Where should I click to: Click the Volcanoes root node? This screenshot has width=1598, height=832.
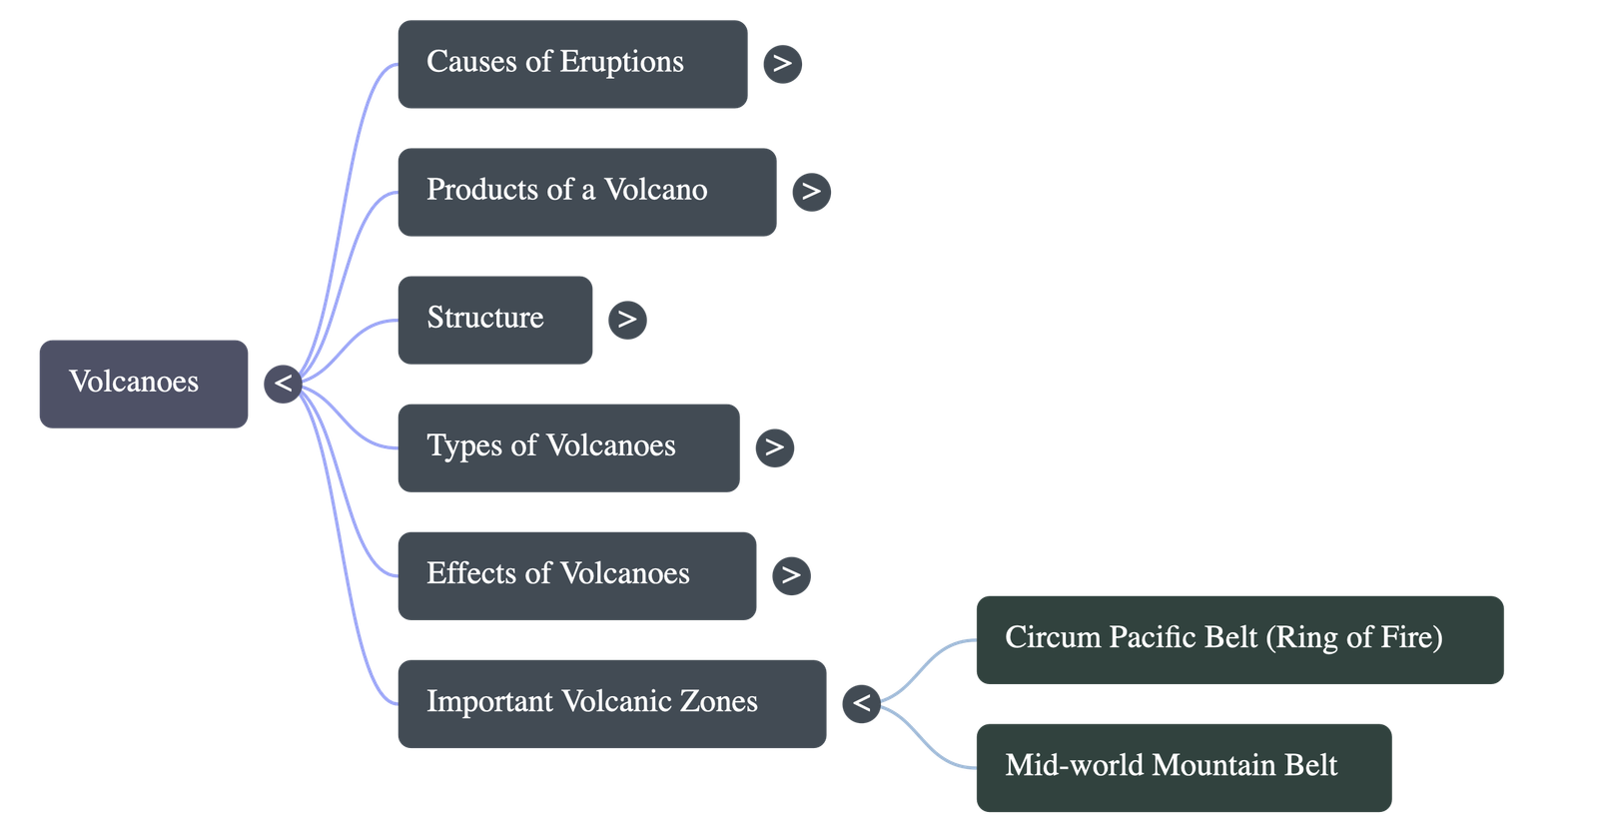pos(143,384)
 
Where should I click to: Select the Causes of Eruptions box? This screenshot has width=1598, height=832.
pos(571,64)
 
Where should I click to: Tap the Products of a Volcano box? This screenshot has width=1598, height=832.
pos(586,192)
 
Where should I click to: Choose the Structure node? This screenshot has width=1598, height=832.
pos(494,320)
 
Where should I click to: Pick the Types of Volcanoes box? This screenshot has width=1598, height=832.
pos(567,447)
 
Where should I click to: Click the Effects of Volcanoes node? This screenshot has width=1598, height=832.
pos(576,575)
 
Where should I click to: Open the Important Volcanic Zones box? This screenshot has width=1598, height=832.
pos(611,703)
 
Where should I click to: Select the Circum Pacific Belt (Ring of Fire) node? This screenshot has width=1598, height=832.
pos(1239,639)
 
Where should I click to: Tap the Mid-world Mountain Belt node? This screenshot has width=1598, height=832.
pos(1183,767)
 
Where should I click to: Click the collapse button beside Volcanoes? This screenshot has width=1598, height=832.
pos(283,384)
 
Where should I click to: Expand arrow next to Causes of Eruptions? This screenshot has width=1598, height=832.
pos(782,64)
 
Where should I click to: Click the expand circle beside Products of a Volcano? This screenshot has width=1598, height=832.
pos(811,192)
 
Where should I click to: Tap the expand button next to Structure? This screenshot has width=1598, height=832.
pos(627,320)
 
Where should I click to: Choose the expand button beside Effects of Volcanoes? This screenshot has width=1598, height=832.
pos(791,575)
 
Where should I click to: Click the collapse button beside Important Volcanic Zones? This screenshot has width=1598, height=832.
pos(861,703)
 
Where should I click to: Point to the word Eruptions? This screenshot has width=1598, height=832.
pos(621,62)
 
